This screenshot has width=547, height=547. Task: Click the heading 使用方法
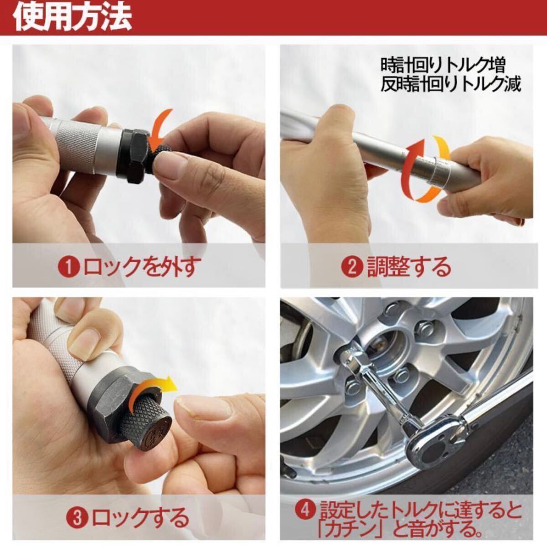(x=72, y=18)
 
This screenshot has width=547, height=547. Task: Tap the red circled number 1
(x=68, y=267)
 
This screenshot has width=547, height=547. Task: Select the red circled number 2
(x=352, y=267)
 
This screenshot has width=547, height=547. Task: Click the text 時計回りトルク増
(x=443, y=66)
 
